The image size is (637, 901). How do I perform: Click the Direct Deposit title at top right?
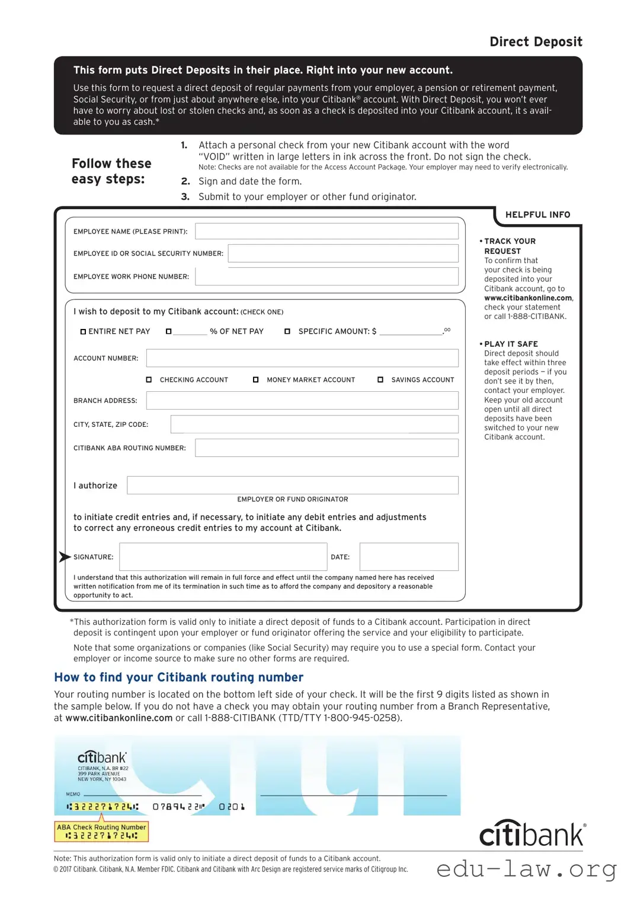pos(536,41)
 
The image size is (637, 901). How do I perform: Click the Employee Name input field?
pos(326,231)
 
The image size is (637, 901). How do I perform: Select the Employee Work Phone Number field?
pos(326,276)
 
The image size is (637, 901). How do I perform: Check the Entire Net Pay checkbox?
pos(84,331)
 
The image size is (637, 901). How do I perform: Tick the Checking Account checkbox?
pos(149,379)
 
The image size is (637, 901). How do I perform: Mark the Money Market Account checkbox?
pos(256,379)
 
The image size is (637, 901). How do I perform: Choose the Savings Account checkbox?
pos(380,379)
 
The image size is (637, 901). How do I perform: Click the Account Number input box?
pos(302,358)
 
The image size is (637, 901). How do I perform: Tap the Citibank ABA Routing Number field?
pos(326,448)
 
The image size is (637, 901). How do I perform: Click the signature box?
pos(223,557)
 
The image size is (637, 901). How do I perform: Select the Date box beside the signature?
pos(409,557)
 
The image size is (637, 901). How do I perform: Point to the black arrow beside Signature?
pos(65,557)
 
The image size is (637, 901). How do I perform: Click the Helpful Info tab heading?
pos(537,215)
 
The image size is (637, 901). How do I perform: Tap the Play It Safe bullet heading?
pos(511,344)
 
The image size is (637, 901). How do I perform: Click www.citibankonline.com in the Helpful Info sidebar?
pos(528,298)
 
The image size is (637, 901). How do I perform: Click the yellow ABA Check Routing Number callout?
pos(101,831)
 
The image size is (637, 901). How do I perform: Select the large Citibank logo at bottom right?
pos(532,834)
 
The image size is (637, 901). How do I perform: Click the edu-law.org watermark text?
pos(526,870)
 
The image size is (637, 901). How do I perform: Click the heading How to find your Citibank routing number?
pos(178,677)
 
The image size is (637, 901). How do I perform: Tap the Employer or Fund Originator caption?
pos(292,499)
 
